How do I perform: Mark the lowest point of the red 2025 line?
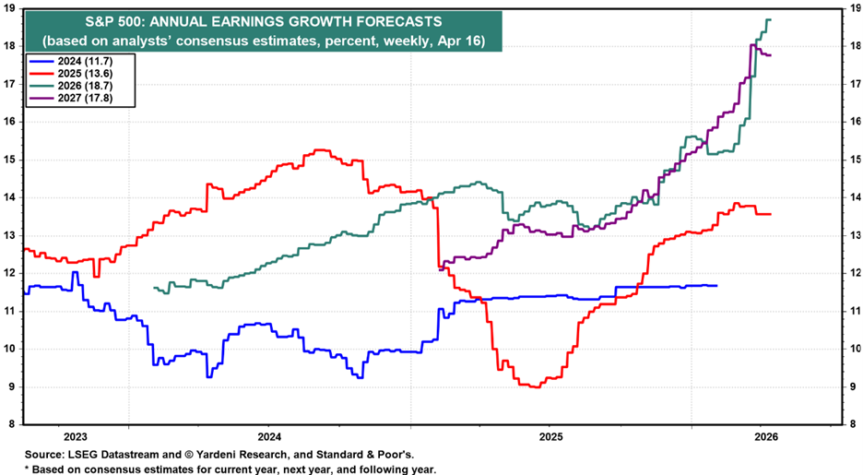(x=533, y=387)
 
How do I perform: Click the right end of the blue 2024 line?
(x=716, y=286)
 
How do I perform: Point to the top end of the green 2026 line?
(x=769, y=20)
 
